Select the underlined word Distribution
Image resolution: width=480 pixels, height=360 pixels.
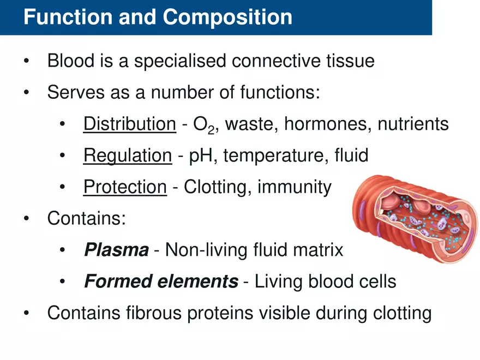tap(129, 124)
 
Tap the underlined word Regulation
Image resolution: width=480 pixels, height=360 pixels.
tap(127, 156)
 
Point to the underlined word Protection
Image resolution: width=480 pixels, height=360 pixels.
tap(125, 188)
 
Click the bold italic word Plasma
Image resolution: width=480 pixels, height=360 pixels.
tap(116, 250)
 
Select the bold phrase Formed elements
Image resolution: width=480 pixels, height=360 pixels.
tap(161, 282)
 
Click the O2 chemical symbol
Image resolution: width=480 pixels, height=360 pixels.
tap(203, 125)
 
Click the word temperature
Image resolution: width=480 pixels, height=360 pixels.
tap(271, 157)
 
